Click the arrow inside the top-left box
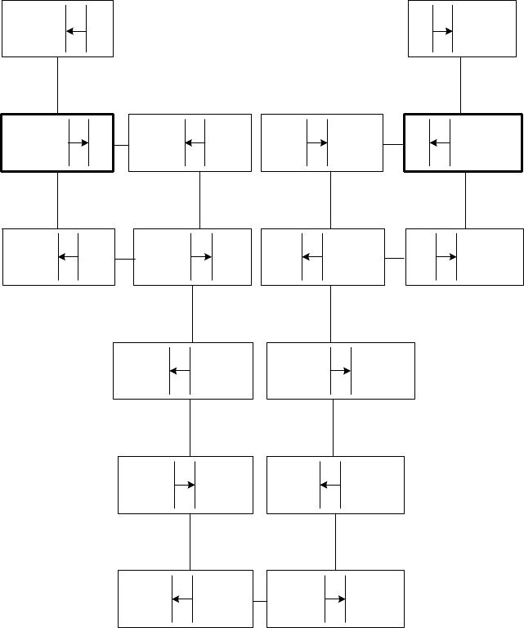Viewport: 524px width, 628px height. (77, 31)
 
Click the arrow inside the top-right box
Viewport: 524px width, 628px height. (444, 31)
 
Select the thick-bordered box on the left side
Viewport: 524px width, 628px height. (33, 143)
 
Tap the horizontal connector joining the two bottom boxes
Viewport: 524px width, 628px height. (259, 602)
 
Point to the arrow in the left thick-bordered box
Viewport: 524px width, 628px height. (78, 142)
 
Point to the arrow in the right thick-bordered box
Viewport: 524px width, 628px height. (440, 142)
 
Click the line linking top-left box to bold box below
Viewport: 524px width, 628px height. (57, 85)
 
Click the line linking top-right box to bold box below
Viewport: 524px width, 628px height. (461, 85)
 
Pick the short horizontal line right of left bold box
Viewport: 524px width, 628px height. (120, 145)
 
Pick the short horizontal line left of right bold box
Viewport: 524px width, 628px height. (393, 145)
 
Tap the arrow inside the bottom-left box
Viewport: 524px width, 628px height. (181, 599)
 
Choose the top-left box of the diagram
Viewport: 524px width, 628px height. (33, 29)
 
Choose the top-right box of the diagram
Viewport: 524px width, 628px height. (490, 29)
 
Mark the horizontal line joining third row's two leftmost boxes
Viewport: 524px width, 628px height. (124, 259)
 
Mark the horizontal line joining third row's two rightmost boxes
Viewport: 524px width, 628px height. (395, 259)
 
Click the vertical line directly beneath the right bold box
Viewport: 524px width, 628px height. (465, 201)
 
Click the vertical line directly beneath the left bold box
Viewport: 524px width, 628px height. (57, 201)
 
